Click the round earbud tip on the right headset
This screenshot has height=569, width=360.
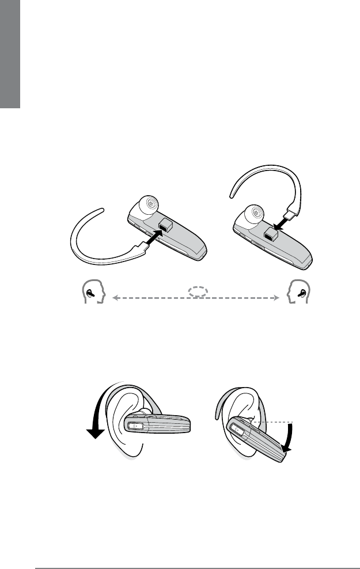253,215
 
